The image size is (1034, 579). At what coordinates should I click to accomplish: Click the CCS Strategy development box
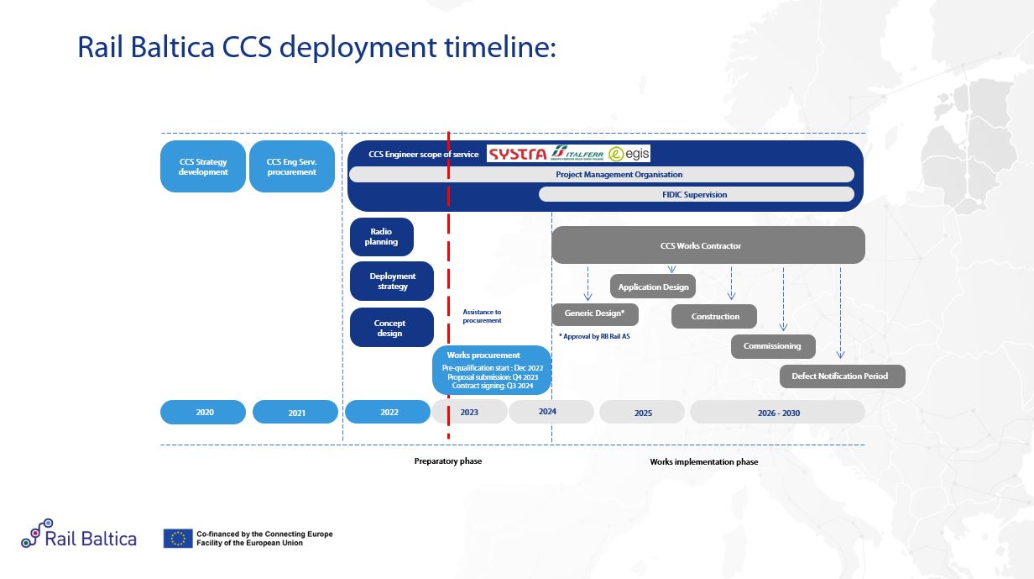pyautogui.click(x=203, y=166)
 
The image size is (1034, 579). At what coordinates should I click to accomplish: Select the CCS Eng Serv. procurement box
pyautogui.click(x=292, y=166)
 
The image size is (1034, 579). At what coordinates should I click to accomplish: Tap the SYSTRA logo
pyautogui.click(x=518, y=154)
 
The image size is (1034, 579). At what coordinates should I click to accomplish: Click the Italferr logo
pyautogui.click(x=578, y=154)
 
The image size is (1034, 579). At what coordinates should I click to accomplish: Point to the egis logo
pyautogui.click(x=629, y=154)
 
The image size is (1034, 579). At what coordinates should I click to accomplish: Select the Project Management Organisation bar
pyautogui.click(x=601, y=175)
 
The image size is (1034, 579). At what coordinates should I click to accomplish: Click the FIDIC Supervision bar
pyautogui.click(x=696, y=194)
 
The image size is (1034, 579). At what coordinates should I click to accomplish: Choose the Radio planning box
pyautogui.click(x=381, y=237)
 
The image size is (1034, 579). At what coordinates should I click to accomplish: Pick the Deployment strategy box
pyautogui.click(x=392, y=281)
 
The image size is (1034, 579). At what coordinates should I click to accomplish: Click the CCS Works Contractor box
pyautogui.click(x=708, y=245)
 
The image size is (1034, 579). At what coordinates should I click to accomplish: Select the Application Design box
pyautogui.click(x=653, y=287)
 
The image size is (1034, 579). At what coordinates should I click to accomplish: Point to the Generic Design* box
pyautogui.click(x=594, y=313)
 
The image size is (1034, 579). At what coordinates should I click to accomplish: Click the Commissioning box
pyautogui.click(x=772, y=346)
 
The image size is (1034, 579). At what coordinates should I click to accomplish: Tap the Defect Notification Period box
pyautogui.click(x=842, y=376)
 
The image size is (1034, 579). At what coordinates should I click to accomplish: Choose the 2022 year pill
pyautogui.click(x=389, y=412)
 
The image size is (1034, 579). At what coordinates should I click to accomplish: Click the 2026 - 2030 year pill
pyautogui.click(x=777, y=412)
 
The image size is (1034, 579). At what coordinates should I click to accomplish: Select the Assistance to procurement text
pyautogui.click(x=482, y=316)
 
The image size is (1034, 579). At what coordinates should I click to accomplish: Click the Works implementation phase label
pyautogui.click(x=703, y=462)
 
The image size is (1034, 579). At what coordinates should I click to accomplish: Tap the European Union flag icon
pyautogui.click(x=177, y=539)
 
